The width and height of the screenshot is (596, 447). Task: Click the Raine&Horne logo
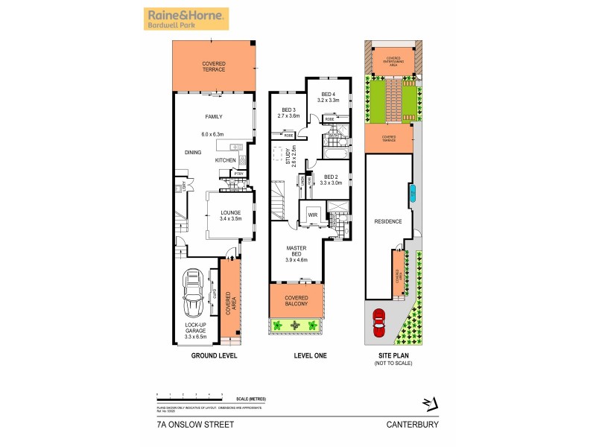point(186,19)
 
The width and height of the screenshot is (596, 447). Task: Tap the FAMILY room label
point(214,117)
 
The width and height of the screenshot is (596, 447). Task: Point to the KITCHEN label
point(225,160)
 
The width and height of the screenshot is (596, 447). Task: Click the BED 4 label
point(329,97)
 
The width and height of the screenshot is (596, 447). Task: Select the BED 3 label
point(288,112)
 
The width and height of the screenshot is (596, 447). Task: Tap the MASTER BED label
point(296,256)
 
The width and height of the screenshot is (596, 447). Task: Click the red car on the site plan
point(378,323)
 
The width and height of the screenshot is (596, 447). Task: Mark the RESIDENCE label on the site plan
point(388,221)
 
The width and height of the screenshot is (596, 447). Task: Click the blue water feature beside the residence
point(410,196)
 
